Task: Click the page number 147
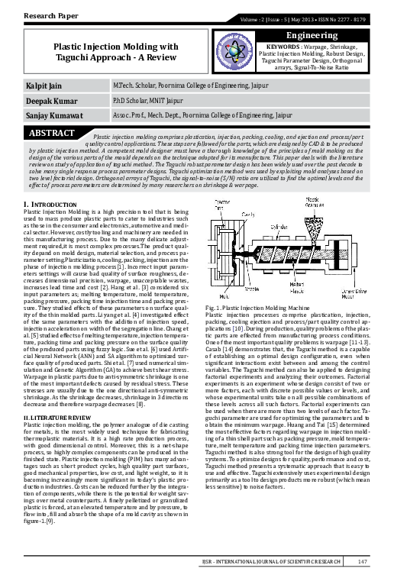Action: click(363, 563)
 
